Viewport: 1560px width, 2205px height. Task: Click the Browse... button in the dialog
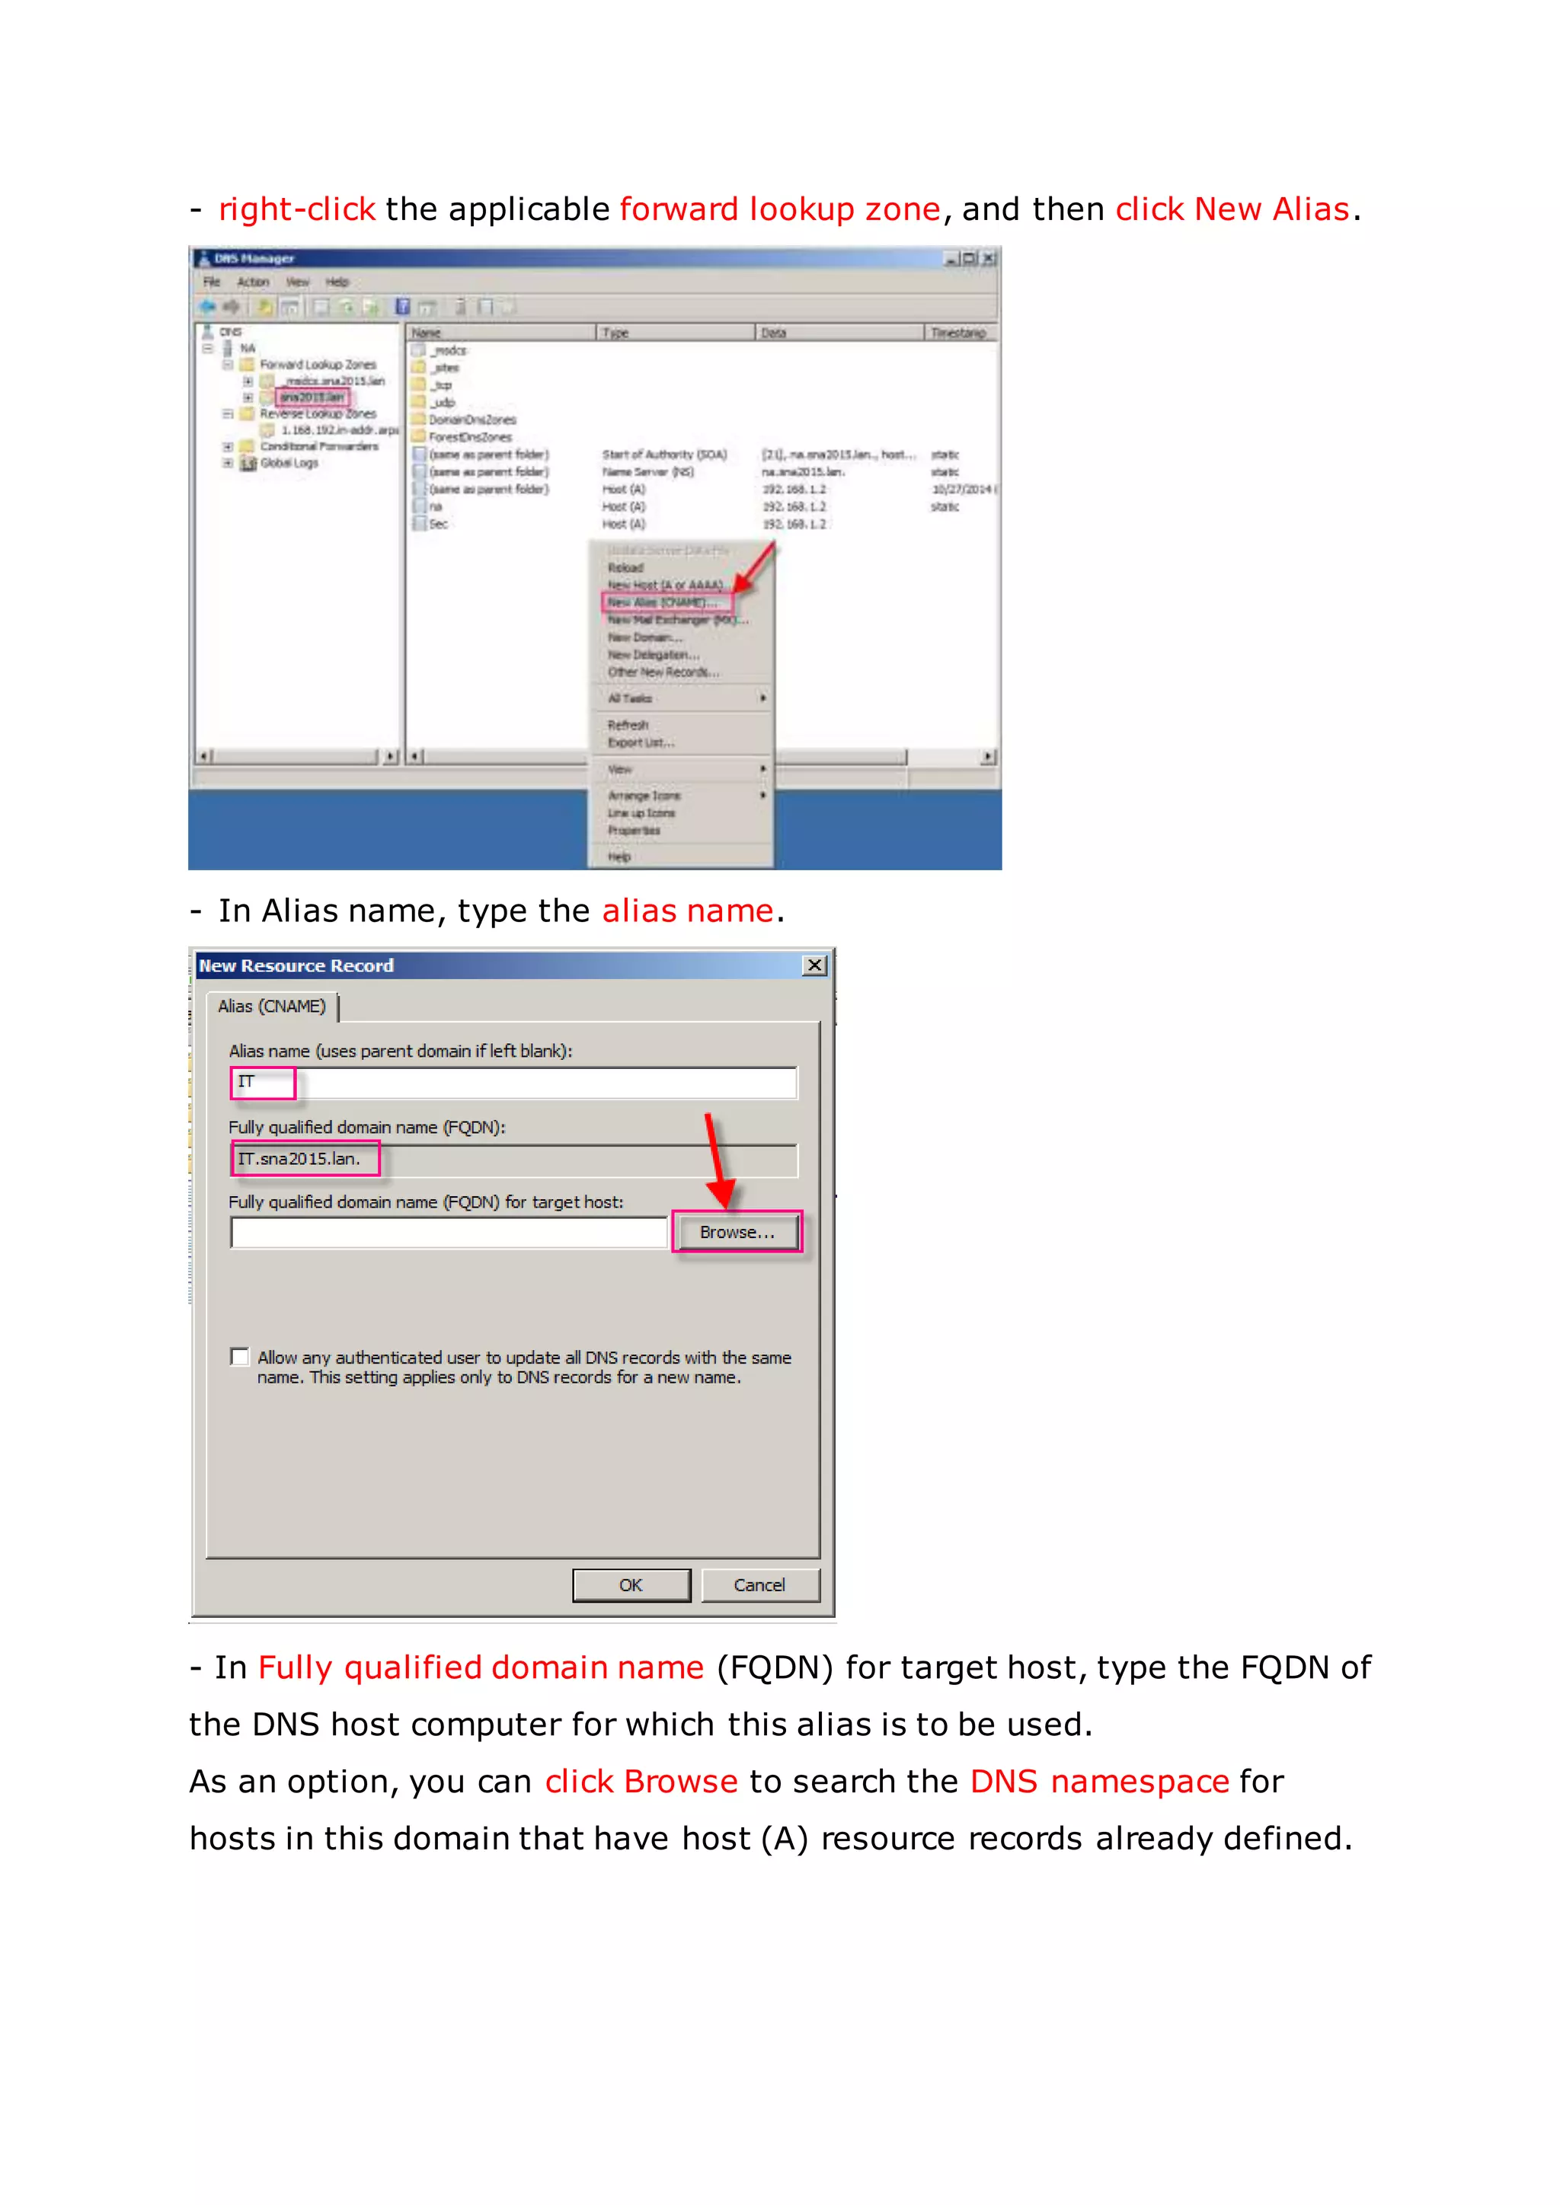point(736,1232)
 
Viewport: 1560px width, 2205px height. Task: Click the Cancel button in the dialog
point(759,1585)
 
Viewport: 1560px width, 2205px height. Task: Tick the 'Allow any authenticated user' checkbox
point(240,1357)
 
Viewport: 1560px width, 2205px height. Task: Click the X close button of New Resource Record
point(814,965)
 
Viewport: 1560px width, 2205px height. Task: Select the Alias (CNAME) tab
point(272,1007)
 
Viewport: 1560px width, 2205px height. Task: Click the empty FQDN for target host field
point(449,1232)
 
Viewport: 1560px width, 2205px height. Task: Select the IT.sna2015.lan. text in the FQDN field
point(299,1159)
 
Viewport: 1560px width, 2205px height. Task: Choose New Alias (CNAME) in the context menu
point(663,603)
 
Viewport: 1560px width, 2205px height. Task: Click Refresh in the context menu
point(628,725)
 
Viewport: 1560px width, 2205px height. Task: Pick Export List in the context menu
point(641,742)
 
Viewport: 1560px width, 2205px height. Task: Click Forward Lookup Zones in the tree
point(318,365)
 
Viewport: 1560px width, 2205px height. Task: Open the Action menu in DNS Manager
point(253,282)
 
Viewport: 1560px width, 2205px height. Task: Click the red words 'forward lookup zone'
point(779,209)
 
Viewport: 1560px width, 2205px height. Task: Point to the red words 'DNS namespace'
point(1099,1782)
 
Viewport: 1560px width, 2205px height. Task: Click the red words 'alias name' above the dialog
point(687,911)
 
